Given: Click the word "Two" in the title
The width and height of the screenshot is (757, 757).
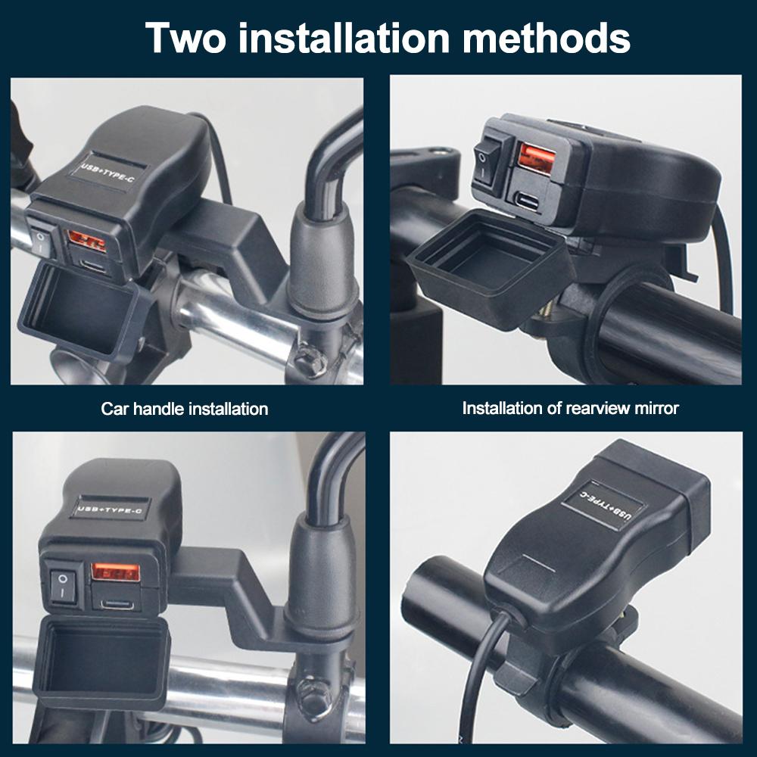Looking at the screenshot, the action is (x=185, y=38).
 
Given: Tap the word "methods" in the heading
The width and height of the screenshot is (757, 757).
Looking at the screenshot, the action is (x=546, y=38).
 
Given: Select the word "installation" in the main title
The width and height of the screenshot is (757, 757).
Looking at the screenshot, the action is (x=344, y=38).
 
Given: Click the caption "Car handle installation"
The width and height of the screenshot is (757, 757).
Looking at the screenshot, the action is (x=185, y=409).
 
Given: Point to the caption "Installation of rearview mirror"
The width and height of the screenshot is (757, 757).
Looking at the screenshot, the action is (x=570, y=409).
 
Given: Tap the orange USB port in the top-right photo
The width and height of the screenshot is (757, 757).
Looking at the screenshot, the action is (x=537, y=159).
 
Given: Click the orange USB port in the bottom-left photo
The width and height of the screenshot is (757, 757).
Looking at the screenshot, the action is (x=116, y=572).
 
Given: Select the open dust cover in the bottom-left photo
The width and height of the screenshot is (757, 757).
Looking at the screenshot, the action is (x=102, y=662).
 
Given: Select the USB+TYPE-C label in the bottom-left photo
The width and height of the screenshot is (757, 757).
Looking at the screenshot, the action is (x=110, y=509).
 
